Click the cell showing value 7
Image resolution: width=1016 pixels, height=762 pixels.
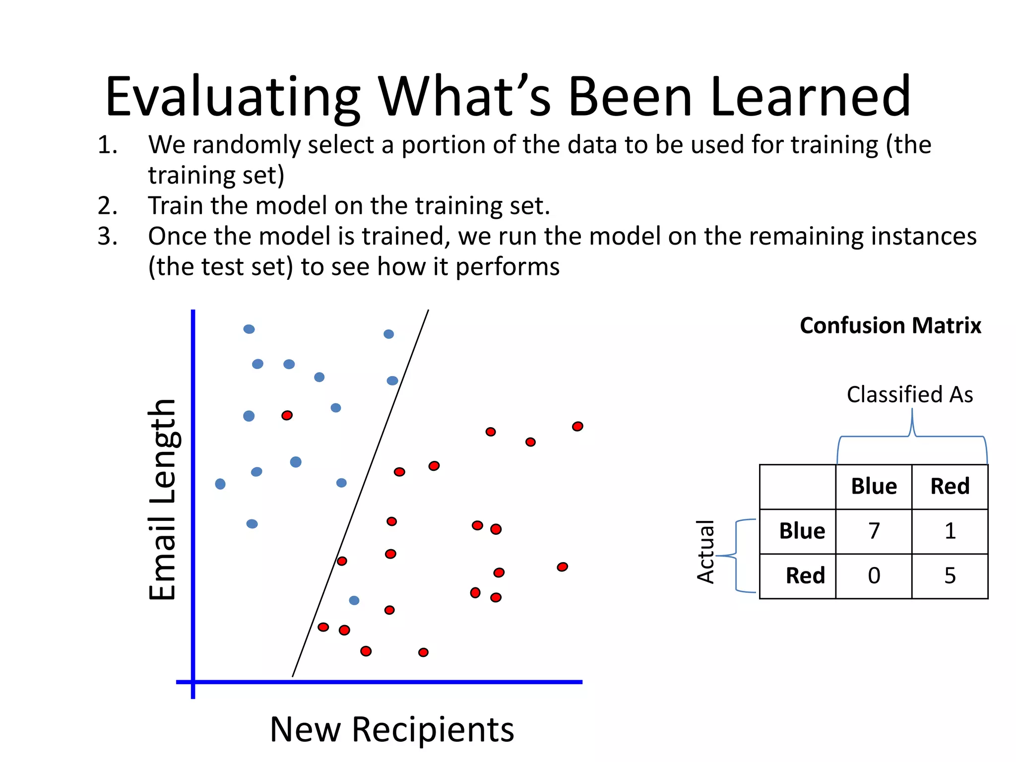coord(874,531)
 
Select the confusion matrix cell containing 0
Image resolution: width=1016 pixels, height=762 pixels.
coord(874,576)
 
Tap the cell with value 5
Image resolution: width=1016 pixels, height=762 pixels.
coord(950,576)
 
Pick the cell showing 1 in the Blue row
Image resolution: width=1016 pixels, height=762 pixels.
coord(950,531)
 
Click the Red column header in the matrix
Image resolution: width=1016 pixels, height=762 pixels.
coord(950,486)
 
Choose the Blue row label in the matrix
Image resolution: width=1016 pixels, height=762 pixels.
coord(802,531)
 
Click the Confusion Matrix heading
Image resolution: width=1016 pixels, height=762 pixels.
coord(890,326)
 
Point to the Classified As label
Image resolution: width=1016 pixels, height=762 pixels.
coord(909,395)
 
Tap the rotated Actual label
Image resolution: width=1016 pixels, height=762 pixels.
coord(705,552)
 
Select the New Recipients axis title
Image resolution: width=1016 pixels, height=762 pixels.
coord(392,729)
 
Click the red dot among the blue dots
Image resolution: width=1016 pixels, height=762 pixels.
coord(287,415)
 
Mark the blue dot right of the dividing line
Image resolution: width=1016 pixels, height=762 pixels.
coord(354,600)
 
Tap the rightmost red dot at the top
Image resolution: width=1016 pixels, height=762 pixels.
coord(577,426)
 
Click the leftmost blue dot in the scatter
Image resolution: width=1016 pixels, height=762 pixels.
coord(220,484)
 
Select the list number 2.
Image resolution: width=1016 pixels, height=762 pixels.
coord(107,205)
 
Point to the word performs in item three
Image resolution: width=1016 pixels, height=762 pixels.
coord(508,267)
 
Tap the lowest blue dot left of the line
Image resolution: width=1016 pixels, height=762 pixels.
coord(252,524)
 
